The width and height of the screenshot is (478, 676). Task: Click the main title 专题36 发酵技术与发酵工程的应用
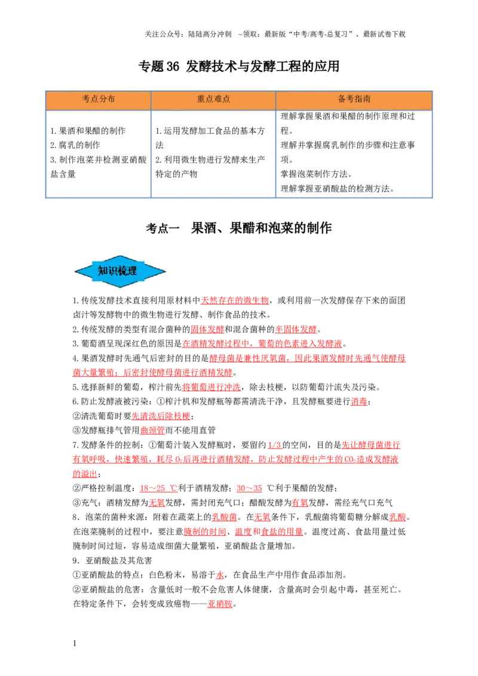point(238,66)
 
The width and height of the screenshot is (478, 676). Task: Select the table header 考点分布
point(99,99)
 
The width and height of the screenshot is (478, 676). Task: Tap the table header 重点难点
point(213,99)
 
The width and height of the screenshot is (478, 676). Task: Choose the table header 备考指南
point(354,99)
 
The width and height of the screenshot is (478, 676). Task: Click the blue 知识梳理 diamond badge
point(120,271)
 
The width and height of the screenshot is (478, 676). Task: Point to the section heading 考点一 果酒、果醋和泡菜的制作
point(238,228)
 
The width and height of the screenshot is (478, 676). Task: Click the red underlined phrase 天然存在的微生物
point(235,300)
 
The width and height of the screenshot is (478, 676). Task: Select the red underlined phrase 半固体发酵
point(296,330)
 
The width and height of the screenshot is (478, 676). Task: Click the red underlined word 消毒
point(359,401)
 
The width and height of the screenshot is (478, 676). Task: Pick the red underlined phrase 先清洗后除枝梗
point(161,416)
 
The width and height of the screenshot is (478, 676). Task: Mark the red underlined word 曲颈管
point(152,430)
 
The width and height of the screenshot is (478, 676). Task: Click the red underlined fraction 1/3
point(275,445)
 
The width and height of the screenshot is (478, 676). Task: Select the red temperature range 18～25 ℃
point(158,488)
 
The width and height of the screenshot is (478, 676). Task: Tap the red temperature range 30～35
point(249,488)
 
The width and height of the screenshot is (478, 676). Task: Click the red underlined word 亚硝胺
point(220,604)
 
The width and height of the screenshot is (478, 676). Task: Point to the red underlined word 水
point(220,574)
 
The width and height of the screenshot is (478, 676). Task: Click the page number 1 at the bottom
point(75,643)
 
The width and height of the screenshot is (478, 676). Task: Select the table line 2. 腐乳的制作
point(75,145)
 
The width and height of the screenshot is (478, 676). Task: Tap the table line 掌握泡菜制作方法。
point(316,174)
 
